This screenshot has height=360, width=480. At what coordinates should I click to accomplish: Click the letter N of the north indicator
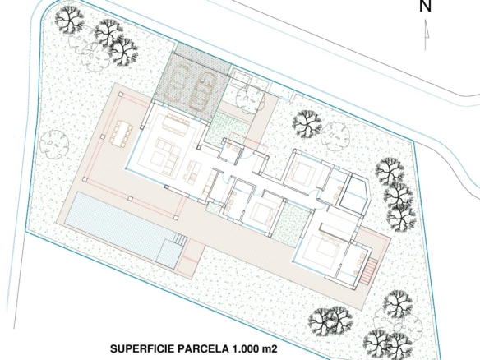425,6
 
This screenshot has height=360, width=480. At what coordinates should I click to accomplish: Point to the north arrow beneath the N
426,35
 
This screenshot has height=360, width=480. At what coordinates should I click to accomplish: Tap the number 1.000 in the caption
245,349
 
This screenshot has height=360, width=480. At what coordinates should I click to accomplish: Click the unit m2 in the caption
270,349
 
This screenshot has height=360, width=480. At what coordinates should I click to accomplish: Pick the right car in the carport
203,91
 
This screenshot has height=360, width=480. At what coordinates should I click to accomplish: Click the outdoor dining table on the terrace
121,134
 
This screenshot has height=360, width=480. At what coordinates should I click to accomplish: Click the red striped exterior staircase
369,270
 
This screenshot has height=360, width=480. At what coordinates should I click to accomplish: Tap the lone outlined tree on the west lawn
54,143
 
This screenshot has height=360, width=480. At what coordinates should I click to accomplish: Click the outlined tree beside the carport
250,97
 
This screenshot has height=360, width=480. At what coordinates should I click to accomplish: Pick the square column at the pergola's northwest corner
121,94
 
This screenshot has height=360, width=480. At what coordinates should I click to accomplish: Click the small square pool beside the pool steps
169,251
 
